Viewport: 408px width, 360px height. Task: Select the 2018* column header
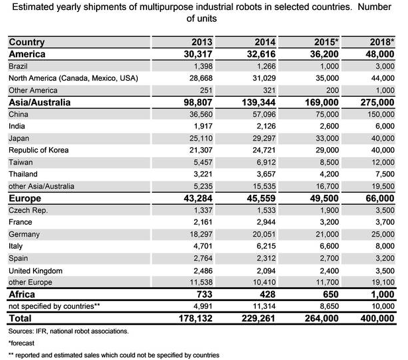coord(380,42)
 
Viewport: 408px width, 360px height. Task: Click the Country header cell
coord(27,42)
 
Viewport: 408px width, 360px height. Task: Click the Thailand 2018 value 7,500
coord(383,174)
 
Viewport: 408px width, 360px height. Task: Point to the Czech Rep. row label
coord(27,210)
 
